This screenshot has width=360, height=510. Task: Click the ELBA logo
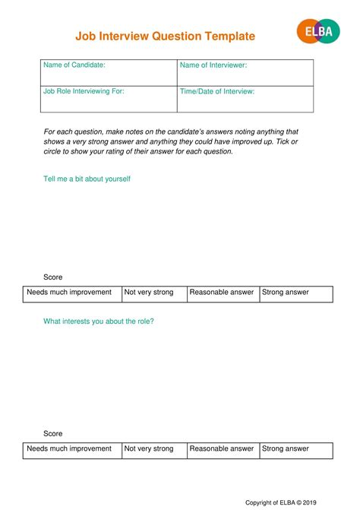(x=317, y=31)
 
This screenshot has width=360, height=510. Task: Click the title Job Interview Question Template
(x=165, y=36)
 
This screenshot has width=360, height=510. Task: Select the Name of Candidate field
(x=108, y=73)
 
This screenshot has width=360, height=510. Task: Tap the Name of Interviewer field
(x=245, y=73)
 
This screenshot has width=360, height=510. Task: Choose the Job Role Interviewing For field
(x=108, y=99)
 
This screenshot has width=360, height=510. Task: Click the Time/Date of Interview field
(x=245, y=99)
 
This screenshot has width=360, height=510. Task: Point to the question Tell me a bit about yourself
(x=87, y=179)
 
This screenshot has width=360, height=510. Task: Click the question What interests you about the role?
(x=99, y=322)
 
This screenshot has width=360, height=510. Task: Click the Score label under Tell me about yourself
(x=53, y=277)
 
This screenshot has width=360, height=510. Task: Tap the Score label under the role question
(x=53, y=433)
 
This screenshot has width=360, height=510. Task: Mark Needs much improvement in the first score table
(x=72, y=293)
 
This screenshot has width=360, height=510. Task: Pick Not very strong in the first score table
(x=153, y=293)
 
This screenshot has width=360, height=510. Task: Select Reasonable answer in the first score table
(x=223, y=293)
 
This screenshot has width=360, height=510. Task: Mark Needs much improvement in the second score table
(x=72, y=449)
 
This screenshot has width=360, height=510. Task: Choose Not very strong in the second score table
(x=153, y=449)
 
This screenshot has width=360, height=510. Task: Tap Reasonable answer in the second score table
(x=223, y=449)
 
